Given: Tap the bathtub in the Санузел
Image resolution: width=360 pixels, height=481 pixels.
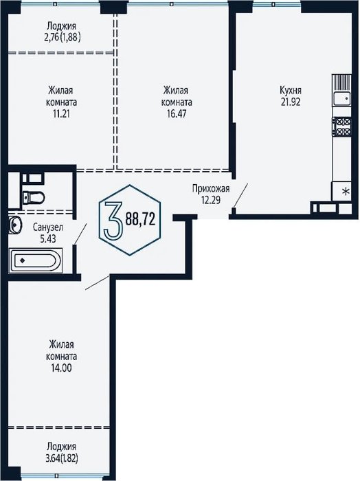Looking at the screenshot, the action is point(36,260).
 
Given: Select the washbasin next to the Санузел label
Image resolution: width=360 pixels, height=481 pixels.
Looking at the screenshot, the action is point(14,225).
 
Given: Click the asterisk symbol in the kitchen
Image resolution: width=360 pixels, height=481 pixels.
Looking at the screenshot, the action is point(346,192).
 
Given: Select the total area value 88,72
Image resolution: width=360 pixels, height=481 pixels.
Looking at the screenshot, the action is point(140,220).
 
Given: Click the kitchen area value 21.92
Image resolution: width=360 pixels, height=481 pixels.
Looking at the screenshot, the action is point(291,102).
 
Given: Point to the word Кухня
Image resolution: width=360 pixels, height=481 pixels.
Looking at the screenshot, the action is point(291,91).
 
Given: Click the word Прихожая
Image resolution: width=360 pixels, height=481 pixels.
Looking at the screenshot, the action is point(211,188).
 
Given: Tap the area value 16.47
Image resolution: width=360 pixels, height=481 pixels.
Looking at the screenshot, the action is point(177,114).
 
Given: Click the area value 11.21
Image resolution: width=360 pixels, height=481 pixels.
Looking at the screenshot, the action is point(61,114).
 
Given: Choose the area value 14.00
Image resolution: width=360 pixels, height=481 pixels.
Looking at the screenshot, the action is point(61,368).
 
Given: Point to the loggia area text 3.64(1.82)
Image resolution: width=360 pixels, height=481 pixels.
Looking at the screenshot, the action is point(61,458).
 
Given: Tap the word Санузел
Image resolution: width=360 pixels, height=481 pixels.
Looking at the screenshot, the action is point(48,227).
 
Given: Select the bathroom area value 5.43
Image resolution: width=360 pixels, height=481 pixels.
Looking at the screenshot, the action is point(48,238).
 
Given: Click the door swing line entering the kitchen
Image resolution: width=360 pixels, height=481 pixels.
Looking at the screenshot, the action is point(240,195).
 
